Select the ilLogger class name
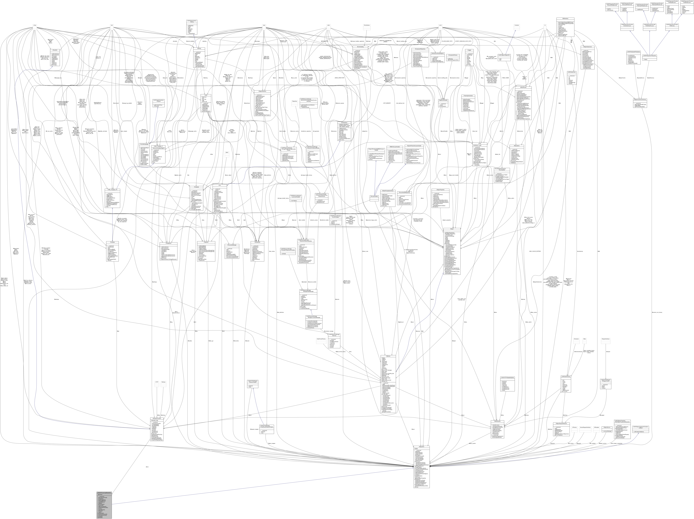[470, 50]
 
